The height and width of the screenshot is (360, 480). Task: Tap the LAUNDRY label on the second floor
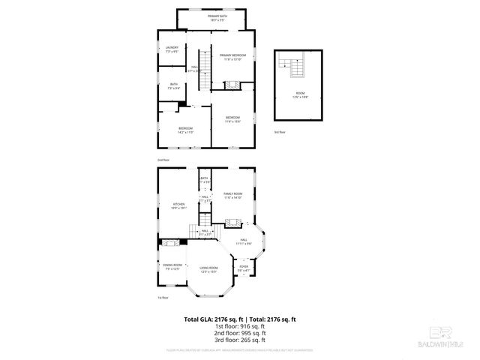tap(172, 49)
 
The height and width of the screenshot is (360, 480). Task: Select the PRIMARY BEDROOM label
tap(232, 57)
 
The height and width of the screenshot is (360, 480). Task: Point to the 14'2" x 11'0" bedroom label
tap(185, 130)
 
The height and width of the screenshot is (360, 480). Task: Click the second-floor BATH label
tap(174, 85)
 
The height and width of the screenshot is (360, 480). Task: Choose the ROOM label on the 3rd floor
tap(298, 94)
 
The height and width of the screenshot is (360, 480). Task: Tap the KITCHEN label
tap(179, 205)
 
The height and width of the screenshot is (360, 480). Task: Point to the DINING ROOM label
tap(172, 265)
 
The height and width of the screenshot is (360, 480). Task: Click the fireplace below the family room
tap(233, 223)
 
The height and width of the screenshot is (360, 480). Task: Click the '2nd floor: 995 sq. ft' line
tap(240, 334)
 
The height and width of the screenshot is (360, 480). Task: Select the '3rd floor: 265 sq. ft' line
tap(240, 340)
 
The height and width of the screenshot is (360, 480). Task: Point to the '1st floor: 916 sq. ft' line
tap(240, 327)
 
